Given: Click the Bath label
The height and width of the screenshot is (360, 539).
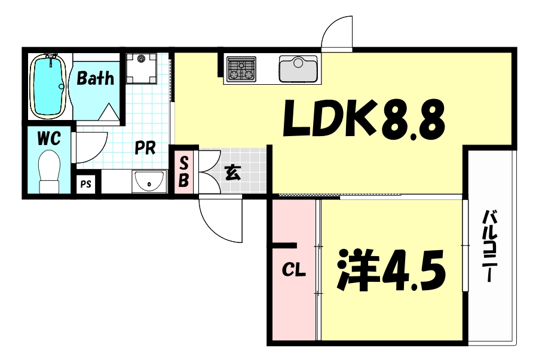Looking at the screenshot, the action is click(95, 78).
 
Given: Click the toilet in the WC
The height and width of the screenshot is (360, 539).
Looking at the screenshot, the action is click(50, 172).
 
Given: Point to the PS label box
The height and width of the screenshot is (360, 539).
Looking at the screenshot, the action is click(86, 184).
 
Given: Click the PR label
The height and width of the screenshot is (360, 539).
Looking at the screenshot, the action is click(145, 147).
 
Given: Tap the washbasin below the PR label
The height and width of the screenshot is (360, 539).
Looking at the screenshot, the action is click(149, 182).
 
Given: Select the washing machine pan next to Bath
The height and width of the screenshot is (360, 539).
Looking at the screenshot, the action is click(141, 69).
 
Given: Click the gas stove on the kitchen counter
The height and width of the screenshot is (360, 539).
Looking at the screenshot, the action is click(241, 69).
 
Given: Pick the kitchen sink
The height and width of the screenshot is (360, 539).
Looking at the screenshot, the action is click(298, 69).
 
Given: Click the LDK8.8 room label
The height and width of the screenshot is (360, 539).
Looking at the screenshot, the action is click(364, 119).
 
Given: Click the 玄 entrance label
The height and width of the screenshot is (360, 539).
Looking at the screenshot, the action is click(232, 173).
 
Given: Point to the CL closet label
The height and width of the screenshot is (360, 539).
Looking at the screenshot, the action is click(293, 270).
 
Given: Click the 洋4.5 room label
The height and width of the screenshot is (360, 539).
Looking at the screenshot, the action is click(391, 270).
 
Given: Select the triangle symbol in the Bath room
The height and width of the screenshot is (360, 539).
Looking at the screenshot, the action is click(109, 112).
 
